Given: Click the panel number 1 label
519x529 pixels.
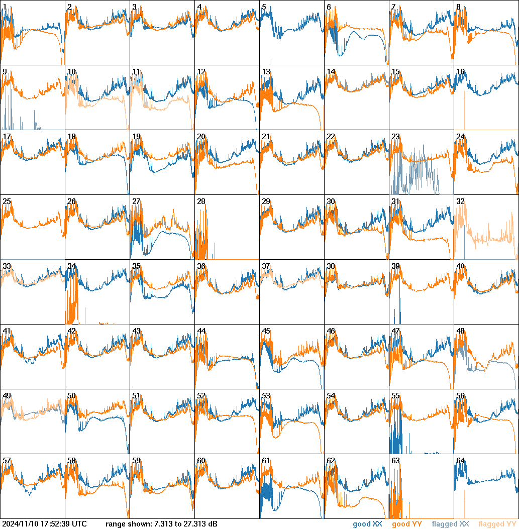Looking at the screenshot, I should tap(5, 7).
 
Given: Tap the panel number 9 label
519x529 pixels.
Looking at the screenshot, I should tap(5, 71).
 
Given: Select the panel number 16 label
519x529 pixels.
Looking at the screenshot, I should tap(461, 71).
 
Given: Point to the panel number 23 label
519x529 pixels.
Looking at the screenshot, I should tap(396, 136).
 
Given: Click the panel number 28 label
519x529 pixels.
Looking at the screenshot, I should tap(201, 201).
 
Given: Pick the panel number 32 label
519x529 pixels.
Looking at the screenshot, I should tap(461, 201).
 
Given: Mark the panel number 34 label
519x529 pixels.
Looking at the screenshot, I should tap(72, 266).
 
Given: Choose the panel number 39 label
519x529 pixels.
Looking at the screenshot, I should tap(396, 266).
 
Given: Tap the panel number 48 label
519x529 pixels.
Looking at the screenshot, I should tap(461, 331).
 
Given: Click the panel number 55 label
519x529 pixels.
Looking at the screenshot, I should tap(396, 395).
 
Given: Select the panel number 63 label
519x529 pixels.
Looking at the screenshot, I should tap(396, 460).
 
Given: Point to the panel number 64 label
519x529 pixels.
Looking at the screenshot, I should tap(461, 460).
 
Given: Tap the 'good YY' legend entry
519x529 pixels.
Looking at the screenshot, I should tap(406, 524).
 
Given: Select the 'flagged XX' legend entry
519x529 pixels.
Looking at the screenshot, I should tap(450, 524).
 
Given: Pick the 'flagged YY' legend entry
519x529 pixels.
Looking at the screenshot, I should tap(497, 524).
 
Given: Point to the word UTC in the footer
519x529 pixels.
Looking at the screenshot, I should tap(79, 524).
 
